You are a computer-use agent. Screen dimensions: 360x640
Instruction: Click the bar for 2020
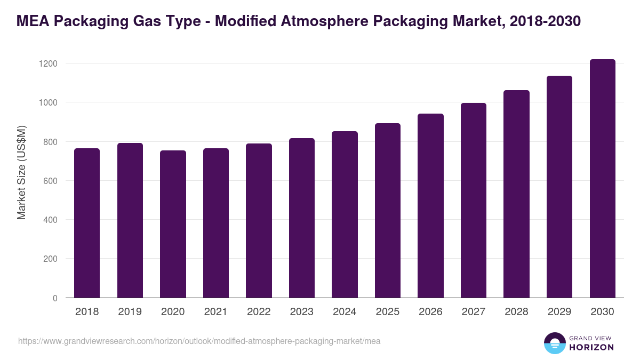coord(173,224)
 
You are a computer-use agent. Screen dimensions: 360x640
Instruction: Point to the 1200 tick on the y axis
coord(48,63)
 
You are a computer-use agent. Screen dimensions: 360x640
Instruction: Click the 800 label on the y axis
coord(50,142)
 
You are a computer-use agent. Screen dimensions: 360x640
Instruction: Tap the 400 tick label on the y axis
coord(50,220)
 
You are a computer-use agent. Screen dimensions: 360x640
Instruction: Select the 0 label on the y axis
coord(54,298)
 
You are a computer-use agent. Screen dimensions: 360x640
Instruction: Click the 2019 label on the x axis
coord(130,312)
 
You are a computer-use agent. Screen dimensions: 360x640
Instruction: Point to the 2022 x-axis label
coord(259,312)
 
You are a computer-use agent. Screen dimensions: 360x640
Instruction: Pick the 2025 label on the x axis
coord(388,312)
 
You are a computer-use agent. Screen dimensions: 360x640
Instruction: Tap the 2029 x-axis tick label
coord(559,312)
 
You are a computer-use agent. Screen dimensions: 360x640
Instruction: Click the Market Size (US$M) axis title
coord(21,172)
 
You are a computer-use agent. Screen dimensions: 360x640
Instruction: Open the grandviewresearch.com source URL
coord(199,341)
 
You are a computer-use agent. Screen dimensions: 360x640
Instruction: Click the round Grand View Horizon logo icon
coord(554,343)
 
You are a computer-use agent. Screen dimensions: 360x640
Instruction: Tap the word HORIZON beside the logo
coord(591,347)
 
